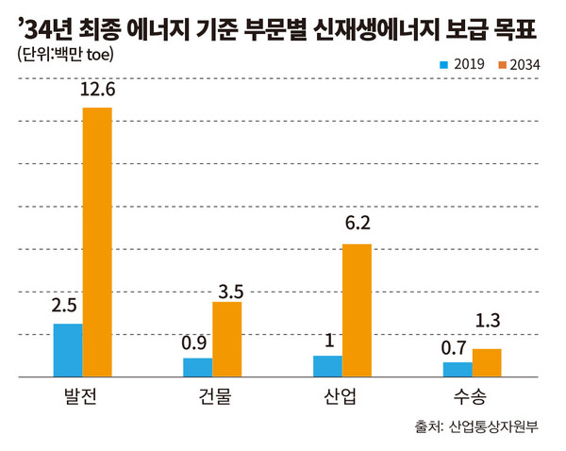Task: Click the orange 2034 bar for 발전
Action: tap(97, 242)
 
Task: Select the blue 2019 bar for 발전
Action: tap(68, 350)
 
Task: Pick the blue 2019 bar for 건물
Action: tap(198, 367)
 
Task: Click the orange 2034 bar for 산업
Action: tap(357, 310)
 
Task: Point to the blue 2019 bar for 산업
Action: tap(327, 366)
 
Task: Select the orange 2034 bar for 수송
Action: tap(487, 362)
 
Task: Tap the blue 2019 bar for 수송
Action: tap(458, 369)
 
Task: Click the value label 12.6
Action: tap(97, 91)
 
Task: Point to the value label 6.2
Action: tap(357, 226)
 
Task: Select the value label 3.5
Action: tap(227, 284)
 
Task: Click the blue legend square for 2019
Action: tap(444, 64)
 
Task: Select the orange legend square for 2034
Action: tap(501, 64)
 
